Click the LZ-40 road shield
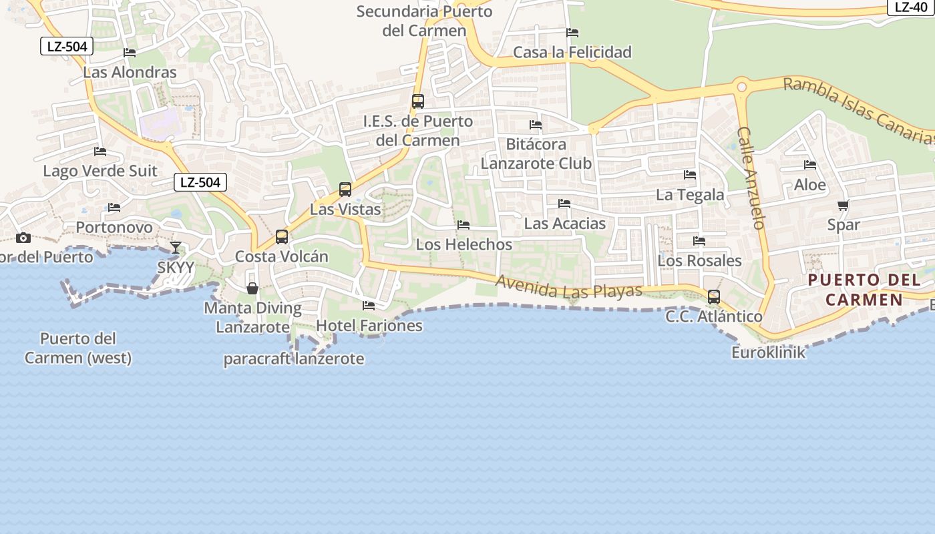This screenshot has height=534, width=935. click(x=911, y=7)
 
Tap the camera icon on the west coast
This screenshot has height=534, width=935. click(x=23, y=238)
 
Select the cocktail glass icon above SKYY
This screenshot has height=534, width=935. click(x=175, y=248)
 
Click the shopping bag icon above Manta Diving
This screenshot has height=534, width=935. click(x=252, y=288)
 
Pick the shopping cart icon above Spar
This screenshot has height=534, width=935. click(x=844, y=206)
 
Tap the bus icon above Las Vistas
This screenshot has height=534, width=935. click(x=345, y=189)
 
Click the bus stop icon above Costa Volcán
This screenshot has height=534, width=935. click(x=282, y=236)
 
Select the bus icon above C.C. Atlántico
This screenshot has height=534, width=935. click(x=714, y=296)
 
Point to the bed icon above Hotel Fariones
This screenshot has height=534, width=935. click(x=368, y=306)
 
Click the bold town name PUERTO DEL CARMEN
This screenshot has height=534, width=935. click(x=864, y=290)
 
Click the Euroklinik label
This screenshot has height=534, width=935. click(x=769, y=352)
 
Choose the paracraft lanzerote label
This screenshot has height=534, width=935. click(x=294, y=359)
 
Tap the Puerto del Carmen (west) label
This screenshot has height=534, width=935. click(x=78, y=348)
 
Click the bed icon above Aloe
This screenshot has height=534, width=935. click(x=810, y=165)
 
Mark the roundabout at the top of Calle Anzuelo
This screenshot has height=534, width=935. click(x=741, y=86)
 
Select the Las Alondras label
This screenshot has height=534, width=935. click(x=130, y=73)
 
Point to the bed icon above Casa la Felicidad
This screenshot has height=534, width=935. click(x=572, y=33)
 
